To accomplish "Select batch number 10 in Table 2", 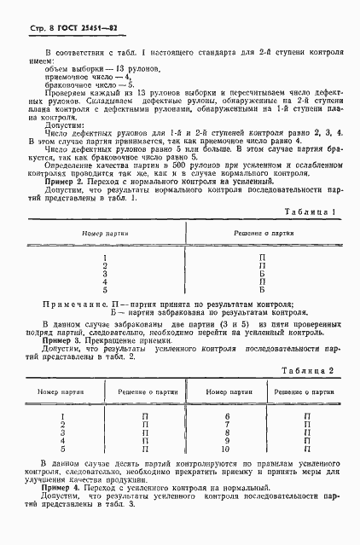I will [227, 448].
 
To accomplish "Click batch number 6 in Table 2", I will [227, 417].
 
